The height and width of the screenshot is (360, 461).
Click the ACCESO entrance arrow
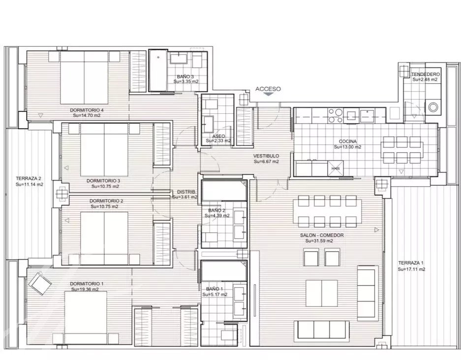point(268,95)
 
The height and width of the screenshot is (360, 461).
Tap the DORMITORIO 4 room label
point(87,110)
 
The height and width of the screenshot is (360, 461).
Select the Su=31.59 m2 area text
point(319,241)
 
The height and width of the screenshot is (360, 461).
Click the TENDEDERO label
point(426,74)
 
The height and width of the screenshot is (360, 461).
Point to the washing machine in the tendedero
point(433,107)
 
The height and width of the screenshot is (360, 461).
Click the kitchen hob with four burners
point(336,116)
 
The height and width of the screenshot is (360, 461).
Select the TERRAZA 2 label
point(29,178)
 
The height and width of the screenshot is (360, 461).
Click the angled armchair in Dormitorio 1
point(40,284)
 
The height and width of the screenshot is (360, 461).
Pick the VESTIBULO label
point(266,156)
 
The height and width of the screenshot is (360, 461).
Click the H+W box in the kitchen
point(336,168)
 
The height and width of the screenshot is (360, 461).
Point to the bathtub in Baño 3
point(158,70)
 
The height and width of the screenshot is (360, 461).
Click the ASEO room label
point(218,136)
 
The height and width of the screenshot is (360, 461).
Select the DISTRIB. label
point(184,192)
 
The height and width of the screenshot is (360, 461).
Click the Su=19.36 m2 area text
point(85,290)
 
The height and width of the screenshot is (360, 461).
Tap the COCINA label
point(347,141)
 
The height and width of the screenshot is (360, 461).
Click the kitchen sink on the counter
point(368,116)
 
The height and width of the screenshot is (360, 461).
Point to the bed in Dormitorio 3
point(104,150)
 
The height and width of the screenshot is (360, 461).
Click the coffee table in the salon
point(322,293)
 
